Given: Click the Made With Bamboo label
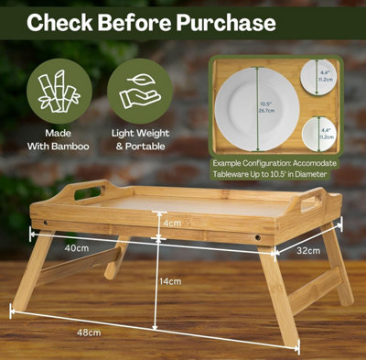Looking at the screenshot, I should [x=59, y=139].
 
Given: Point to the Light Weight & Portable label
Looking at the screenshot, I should [x=139, y=139].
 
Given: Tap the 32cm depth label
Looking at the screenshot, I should [x=308, y=251].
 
